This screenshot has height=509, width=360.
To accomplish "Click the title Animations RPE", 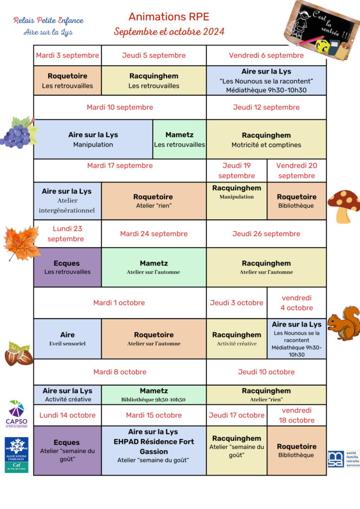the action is [x=169, y=16].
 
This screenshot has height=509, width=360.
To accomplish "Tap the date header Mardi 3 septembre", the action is [x=68, y=56].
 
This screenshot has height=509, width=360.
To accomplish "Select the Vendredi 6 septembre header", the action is [x=266, y=56].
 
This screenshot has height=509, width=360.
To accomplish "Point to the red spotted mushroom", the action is [x=344, y=206].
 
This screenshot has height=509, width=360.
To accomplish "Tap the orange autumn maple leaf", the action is [x=22, y=243].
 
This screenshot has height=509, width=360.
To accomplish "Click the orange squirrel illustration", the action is [x=344, y=323].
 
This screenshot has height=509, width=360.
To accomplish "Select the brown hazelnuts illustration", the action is [x=18, y=354].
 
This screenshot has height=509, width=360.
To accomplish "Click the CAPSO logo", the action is [x=16, y=414].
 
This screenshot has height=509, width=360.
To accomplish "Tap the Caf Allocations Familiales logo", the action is [x=16, y=455].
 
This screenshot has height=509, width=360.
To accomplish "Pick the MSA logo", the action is [x=344, y=459].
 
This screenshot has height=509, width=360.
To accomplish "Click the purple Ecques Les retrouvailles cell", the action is [x=68, y=267].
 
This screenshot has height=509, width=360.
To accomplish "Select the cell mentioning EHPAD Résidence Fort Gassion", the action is [x=154, y=450].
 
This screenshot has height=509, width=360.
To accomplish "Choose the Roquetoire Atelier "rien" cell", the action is [x=154, y=201].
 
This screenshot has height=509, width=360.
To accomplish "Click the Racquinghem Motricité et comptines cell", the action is [x=266, y=139].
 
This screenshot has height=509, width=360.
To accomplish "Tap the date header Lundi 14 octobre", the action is [x=68, y=415].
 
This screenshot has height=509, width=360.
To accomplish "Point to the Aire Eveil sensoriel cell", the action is [x=68, y=339].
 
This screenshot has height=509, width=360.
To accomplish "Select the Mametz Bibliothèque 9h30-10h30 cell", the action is [x=154, y=395].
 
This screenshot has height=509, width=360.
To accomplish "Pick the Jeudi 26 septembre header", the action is [x=266, y=234].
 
